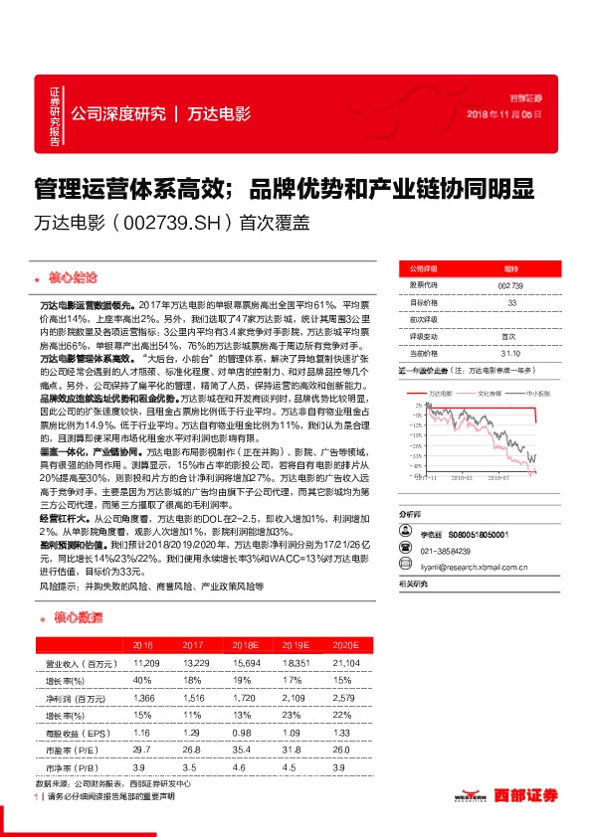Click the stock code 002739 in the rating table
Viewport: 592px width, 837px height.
tap(510, 285)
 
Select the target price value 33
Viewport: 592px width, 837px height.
tap(510, 302)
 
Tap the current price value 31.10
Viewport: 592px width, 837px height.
tap(510, 352)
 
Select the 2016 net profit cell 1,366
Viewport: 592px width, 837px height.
tap(142, 700)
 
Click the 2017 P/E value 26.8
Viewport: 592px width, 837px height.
tap(191, 750)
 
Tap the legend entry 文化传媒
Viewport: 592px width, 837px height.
tap(492, 394)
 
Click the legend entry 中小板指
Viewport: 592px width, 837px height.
tap(537, 394)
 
